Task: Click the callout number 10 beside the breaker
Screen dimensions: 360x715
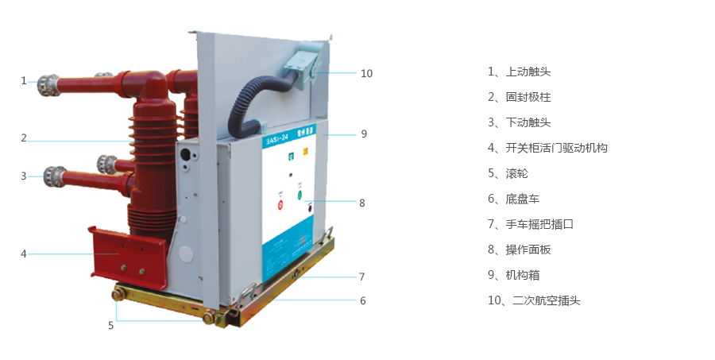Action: (366, 73)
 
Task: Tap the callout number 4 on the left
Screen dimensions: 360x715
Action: (24, 254)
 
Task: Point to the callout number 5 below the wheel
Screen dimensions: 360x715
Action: (110, 325)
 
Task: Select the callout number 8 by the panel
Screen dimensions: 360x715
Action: (361, 203)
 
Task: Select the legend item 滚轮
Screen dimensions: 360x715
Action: (516, 173)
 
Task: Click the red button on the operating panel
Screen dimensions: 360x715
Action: (280, 205)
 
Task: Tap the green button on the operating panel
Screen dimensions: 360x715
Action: (300, 194)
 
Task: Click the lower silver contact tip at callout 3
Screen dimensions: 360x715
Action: (54, 175)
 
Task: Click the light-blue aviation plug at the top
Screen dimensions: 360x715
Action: (305, 60)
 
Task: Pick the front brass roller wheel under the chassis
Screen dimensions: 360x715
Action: (211, 319)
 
